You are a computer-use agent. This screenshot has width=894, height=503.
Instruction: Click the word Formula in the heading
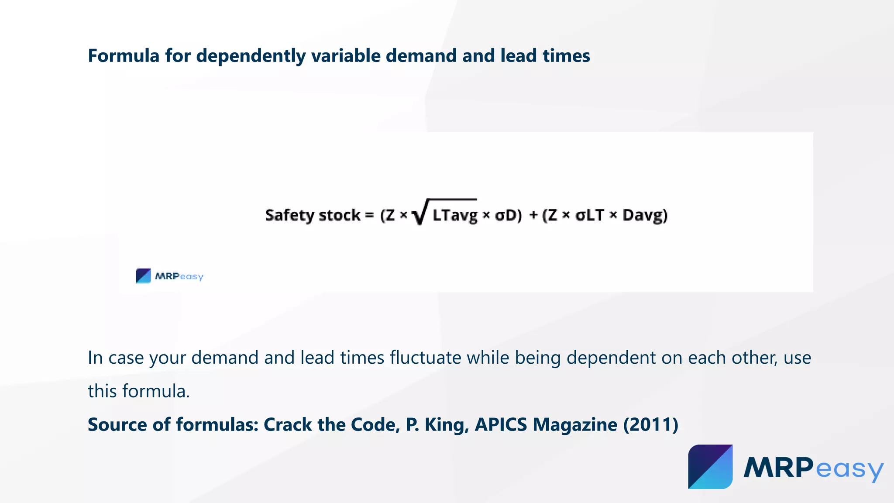pyautogui.click(x=124, y=56)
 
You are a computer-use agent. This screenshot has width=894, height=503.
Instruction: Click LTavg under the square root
pyautogui.click(x=455, y=215)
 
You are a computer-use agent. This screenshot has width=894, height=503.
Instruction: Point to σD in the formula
pyautogui.click(x=508, y=215)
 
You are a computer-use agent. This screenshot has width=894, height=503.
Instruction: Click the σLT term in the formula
pyautogui.click(x=590, y=215)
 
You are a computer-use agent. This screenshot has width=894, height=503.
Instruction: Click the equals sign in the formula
pyautogui.click(x=369, y=215)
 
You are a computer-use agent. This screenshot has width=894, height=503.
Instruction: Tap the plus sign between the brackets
pyautogui.click(x=533, y=215)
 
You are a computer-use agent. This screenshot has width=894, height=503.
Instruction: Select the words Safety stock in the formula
pyautogui.click(x=313, y=215)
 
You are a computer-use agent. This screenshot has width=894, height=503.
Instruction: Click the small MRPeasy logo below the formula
pyautogui.click(x=169, y=276)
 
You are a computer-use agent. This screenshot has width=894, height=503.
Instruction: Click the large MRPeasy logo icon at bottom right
pyautogui.click(x=710, y=467)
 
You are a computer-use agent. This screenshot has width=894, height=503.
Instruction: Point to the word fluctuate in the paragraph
pyautogui.click(x=425, y=358)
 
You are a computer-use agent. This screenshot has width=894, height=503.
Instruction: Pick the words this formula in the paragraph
pyautogui.click(x=138, y=391)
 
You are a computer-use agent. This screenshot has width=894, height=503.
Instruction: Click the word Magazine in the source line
pyautogui.click(x=575, y=424)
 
